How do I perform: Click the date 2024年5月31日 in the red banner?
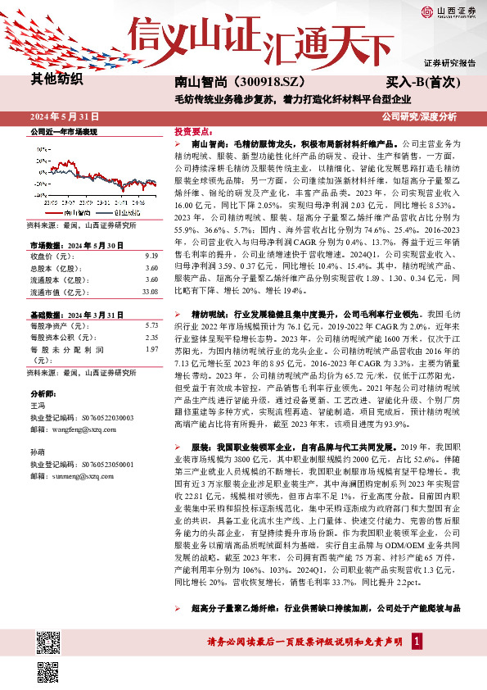tap(70, 116)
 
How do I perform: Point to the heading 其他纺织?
tap(56, 79)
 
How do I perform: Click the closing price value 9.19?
tap(150, 256)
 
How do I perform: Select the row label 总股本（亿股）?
tap(53, 268)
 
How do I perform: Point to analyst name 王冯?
tap(36, 406)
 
